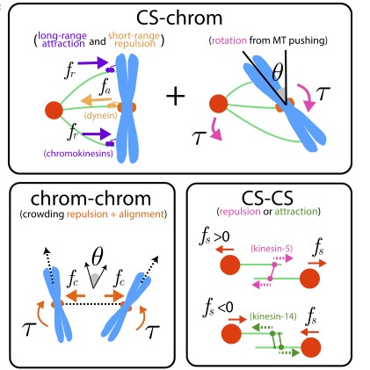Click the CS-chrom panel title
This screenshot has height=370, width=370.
[185, 19]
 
